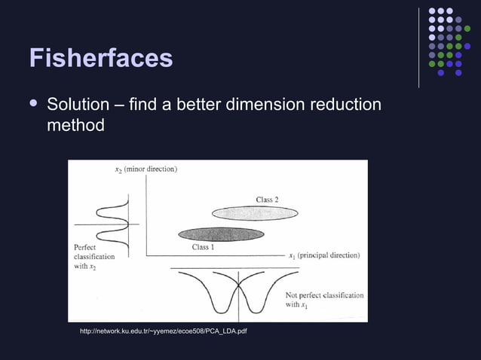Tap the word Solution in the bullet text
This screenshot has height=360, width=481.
click(x=78, y=103)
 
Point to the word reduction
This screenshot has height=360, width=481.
click(x=342, y=103)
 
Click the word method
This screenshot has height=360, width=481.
click(x=75, y=124)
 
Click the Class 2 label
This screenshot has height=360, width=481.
click(x=267, y=199)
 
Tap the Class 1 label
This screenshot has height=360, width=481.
click(x=203, y=246)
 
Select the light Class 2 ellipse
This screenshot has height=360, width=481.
click(x=254, y=213)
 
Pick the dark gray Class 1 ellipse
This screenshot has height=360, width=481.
click(x=221, y=234)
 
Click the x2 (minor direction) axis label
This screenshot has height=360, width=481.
click(x=146, y=169)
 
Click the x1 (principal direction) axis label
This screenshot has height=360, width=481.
click(x=324, y=255)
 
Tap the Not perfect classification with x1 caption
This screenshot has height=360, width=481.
click(x=324, y=300)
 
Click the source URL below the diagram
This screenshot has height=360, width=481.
click(x=164, y=331)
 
